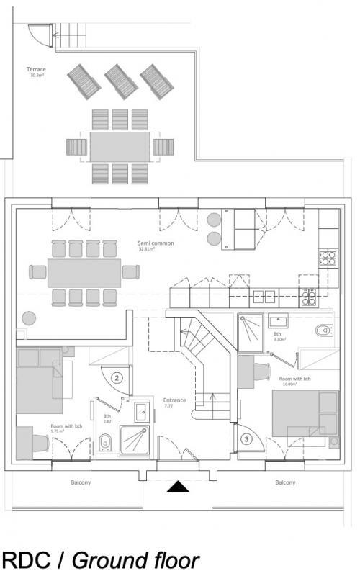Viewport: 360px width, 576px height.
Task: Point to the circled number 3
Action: pyautogui.click(x=246, y=438)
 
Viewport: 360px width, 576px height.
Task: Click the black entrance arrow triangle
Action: pyautogui.click(x=178, y=487)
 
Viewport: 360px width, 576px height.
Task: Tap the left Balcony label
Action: pyautogui.click(x=80, y=482)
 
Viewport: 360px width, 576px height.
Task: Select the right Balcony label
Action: pyautogui.click(x=285, y=482)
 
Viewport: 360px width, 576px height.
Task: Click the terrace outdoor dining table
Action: pyautogui.click(x=120, y=147)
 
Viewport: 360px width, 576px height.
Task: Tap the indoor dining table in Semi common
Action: pyautogui.click(x=84, y=273)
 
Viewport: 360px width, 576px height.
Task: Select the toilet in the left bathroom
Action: pyautogui.click(x=105, y=442)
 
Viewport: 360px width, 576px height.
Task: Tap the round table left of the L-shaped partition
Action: pyautogui.click(x=29, y=317)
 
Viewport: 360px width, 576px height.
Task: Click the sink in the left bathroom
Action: pyautogui.click(x=141, y=411)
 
